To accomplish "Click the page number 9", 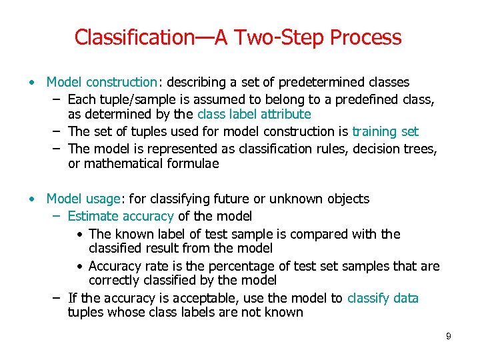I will [x=449, y=336].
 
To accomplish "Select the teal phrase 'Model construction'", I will [x=101, y=83].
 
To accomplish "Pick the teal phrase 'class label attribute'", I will [x=254, y=115].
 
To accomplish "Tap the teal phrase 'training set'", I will [x=385, y=132].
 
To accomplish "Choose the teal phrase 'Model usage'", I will [x=83, y=199].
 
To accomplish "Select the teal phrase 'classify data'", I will [x=383, y=298].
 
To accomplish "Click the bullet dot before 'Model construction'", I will [x=31, y=83].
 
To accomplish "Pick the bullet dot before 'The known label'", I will [x=79, y=235].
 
